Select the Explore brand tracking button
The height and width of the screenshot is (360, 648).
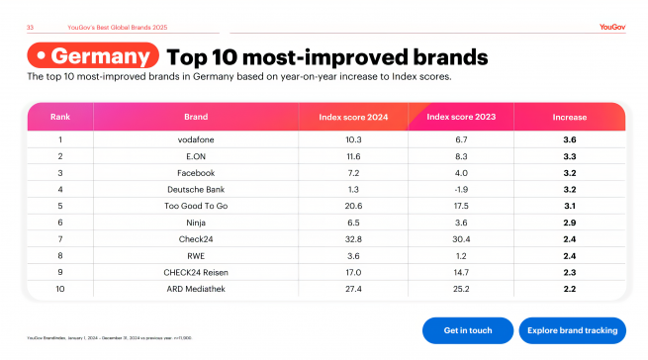tap(572, 329)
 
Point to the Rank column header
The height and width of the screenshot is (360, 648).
tap(60, 117)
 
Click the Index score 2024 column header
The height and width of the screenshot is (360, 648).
tap(354, 117)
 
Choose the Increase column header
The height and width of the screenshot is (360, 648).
tap(570, 117)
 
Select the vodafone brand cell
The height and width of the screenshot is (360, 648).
tap(196, 139)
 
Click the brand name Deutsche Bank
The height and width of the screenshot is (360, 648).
tap(196, 188)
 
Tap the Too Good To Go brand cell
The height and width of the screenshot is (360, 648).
tap(196, 205)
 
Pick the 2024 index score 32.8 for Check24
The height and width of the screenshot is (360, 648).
tap(354, 237)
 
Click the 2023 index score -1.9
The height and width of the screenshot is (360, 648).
tap(462, 188)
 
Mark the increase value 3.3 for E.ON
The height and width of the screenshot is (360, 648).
tap(570, 156)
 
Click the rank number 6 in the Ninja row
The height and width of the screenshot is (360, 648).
tap(60, 222)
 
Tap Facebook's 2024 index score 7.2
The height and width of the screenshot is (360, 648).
tap(354, 172)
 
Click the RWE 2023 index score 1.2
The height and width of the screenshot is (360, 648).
tap(462, 254)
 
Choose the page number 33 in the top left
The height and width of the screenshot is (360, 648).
tap(30, 27)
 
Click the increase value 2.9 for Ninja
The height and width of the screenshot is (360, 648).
tap(570, 222)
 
